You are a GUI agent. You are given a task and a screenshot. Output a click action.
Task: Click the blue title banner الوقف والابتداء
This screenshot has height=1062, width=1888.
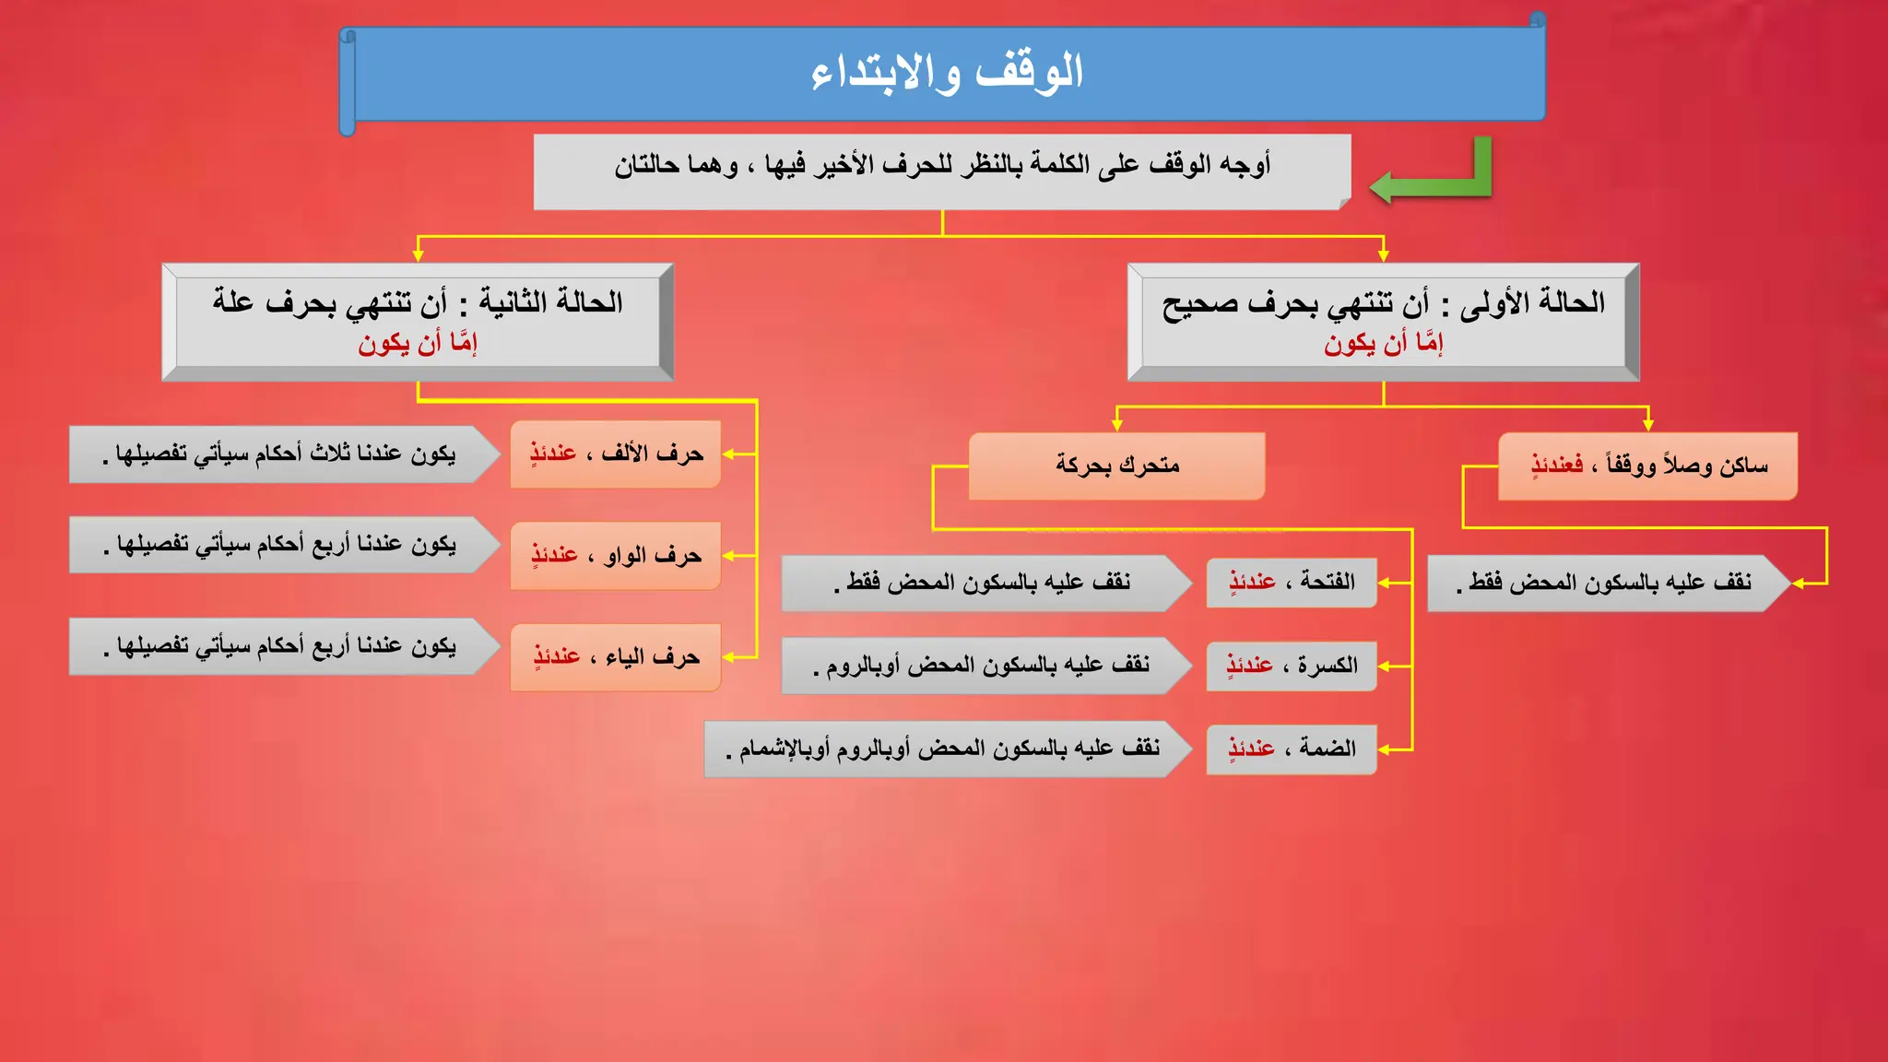pyautogui.click(x=946, y=74)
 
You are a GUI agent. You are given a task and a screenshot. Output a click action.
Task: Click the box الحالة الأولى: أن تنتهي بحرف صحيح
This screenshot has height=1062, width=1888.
pyautogui.click(x=1383, y=321)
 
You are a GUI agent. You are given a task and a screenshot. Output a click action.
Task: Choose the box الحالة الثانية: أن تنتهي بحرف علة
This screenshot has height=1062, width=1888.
pyautogui.click(x=418, y=321)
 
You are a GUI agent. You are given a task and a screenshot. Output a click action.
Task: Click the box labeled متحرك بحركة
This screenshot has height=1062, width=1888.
pyautogui.click(x=1116, y=466)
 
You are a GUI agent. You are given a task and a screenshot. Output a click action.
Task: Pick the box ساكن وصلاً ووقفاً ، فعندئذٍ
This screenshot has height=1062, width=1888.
pyautogui.click(x=1647, y=466)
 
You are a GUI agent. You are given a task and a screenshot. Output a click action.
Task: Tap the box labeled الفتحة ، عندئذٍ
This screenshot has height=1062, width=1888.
pyautogui.click(x=1291, y=582)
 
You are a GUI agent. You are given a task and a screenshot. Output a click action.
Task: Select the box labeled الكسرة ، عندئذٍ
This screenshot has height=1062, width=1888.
pyautogui.click(x=1291, y=666)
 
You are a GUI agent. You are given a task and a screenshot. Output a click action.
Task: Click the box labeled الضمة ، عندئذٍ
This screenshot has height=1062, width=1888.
pyautogui.click(x=1291, y=748)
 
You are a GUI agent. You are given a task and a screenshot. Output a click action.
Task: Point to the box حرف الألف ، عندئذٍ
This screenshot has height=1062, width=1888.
pyautogui.click(x=615, y=454)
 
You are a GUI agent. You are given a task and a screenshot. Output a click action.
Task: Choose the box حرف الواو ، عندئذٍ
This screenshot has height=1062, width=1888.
pyautogui.click(x=615, y=555)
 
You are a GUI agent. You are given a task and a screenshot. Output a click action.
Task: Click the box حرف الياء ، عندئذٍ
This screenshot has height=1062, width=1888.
pyautogui.click(x=615, y=656)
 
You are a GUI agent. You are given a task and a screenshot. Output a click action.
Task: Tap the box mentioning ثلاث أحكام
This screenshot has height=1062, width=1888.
pyautogui.click(x=281, y=454)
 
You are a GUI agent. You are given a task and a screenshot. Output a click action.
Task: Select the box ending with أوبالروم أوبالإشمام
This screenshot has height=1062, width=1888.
pyautogui.click(x=945, y=749)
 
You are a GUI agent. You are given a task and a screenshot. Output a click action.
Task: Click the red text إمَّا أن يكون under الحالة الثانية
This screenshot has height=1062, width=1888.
pyautogui.click(x=418, y=344)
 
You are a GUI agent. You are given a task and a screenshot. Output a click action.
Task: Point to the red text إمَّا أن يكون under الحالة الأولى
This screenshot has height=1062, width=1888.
pyautogui.click(x=1383, y=344)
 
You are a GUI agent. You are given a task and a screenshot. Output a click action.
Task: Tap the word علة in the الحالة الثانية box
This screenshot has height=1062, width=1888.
pyautogui.click(x=233, y=301)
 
